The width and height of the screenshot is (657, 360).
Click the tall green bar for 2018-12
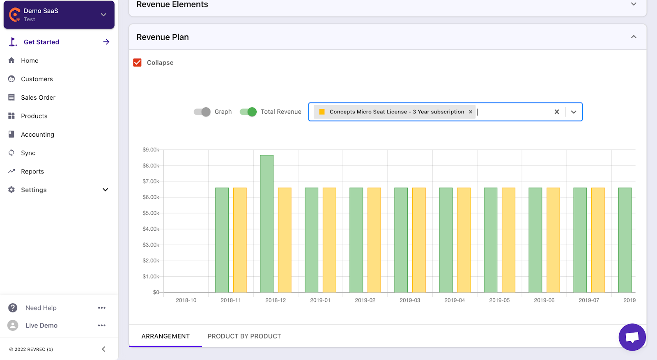point(266,224)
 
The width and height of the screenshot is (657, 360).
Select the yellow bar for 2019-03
point(419,240)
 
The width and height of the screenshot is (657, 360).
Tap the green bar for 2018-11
point(222,240)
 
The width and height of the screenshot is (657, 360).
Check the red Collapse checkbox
point(138,62)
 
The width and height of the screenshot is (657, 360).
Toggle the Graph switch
point(202,112)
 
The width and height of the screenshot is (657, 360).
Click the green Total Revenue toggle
point(248,112)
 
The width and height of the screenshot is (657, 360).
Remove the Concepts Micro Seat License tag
point(471,112)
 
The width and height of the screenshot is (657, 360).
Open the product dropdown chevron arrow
point(574,112)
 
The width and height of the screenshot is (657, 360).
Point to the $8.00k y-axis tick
point(151,165)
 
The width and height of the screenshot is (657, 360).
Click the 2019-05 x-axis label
point(499,300)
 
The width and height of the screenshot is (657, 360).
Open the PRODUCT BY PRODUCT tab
point(244,336)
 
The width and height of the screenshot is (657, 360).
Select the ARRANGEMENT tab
point(165,336)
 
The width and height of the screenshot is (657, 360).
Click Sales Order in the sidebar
point(38,97)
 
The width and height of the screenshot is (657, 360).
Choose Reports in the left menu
point(32,171)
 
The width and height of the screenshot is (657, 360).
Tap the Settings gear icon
point(11,190)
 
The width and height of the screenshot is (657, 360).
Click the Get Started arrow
point(106,42)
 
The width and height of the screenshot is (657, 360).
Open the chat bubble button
point(632,337)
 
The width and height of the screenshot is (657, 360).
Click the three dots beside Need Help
point(102,308)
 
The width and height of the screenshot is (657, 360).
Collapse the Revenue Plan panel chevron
point(634,37)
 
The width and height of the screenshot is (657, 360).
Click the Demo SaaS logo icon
point(15,15)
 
